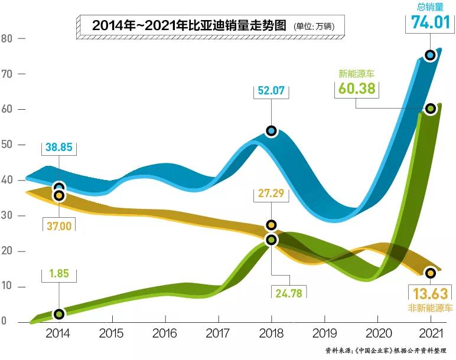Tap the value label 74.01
[429, 22]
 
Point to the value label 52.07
[271, 91]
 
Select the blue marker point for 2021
[430, 55]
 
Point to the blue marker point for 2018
[271, 130]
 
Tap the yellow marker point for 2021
[430, 273]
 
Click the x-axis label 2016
[164, 333]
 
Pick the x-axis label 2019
[324, 333]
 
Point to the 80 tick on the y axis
[7, 39]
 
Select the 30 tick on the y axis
[7, 216]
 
